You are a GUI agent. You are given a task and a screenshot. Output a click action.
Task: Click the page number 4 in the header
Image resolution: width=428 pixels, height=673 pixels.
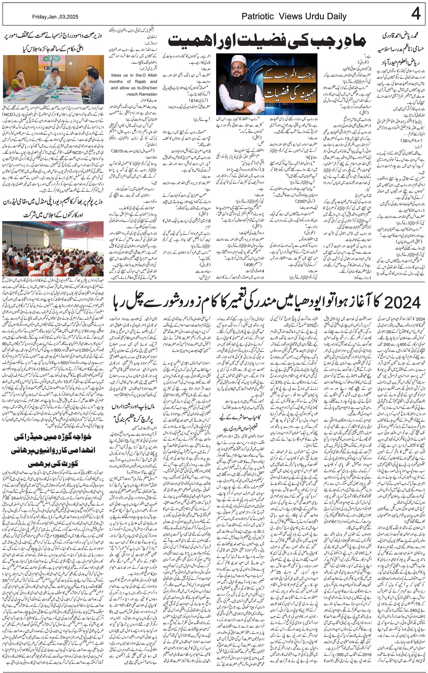pos(416,14)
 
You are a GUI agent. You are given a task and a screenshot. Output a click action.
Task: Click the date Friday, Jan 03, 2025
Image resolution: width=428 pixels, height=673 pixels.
pos(55,17)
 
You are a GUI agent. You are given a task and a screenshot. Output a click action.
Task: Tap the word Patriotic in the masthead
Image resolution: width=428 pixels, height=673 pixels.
pos(258,17)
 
